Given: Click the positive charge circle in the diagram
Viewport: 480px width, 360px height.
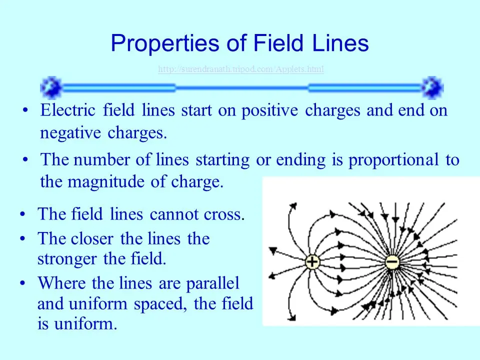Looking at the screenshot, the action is [312, 262].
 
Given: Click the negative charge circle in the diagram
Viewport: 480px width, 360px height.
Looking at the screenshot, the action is [392, 262].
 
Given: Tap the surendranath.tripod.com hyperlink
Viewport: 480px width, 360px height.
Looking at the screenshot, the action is [241, 69].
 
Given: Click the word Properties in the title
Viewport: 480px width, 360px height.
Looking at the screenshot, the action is [165, 43].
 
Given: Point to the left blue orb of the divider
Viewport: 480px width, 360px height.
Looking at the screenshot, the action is [51, 87].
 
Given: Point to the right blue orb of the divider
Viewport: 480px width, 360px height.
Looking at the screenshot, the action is [432, 87].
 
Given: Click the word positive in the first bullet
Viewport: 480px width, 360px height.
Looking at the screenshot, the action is [269, 111].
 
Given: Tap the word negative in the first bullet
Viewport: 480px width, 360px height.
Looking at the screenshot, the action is [70, 133].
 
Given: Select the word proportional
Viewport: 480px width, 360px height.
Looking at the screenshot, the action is [393, 160].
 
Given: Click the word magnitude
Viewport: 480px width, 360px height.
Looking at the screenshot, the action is [106, 182].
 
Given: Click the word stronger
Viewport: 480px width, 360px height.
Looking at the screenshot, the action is [67, 259].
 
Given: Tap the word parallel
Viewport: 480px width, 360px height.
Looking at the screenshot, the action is [213, 283].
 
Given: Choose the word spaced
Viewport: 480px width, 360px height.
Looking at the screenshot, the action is [160, 304].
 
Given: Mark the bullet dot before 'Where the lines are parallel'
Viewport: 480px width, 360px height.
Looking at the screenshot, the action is [22, 283].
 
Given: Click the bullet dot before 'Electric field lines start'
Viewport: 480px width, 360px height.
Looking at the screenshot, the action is [25, 110].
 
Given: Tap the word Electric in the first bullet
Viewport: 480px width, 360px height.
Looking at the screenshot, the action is [67, 110].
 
